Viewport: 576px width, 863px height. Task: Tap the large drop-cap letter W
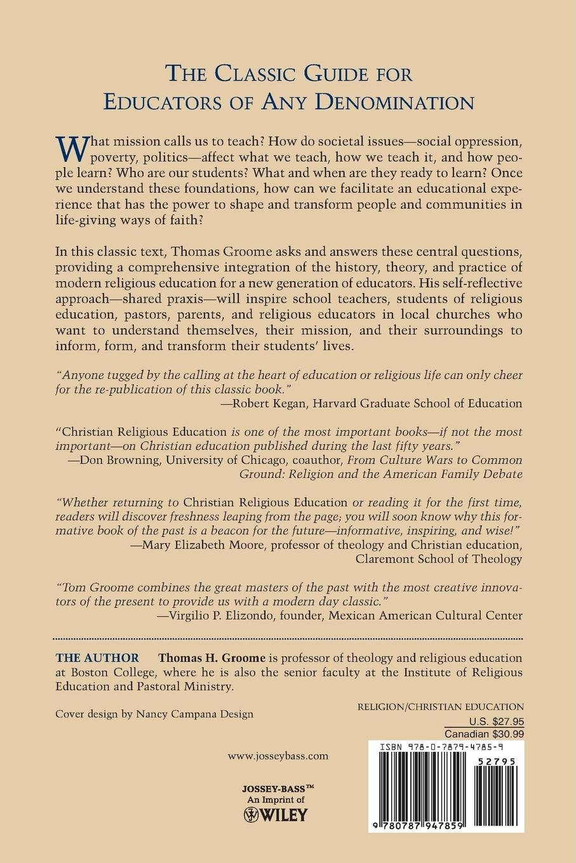click(x=72, y=148)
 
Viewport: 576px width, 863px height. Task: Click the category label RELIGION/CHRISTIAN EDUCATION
click(x=441, y=707)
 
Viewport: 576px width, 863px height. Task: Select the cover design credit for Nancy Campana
click(x=154, y=713)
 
